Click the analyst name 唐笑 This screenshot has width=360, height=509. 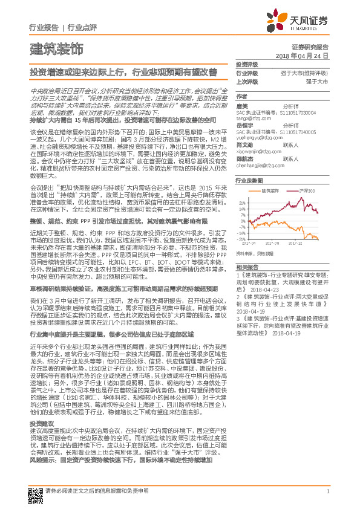tap(241, 106)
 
